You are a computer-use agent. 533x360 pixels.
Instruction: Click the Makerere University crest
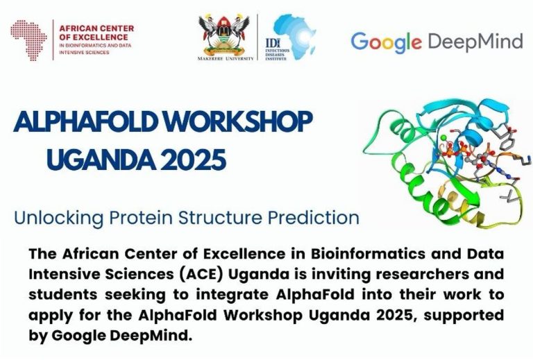pos(224,35)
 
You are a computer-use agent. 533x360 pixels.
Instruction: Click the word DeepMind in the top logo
pos(475,42)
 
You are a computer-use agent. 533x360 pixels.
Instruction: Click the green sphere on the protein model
pos(443,137)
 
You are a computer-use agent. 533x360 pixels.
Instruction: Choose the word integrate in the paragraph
pos(232,295)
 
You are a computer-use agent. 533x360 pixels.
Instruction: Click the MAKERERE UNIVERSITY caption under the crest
pos(226,58)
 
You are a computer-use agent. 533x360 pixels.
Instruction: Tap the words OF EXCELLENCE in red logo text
pos(89,37)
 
